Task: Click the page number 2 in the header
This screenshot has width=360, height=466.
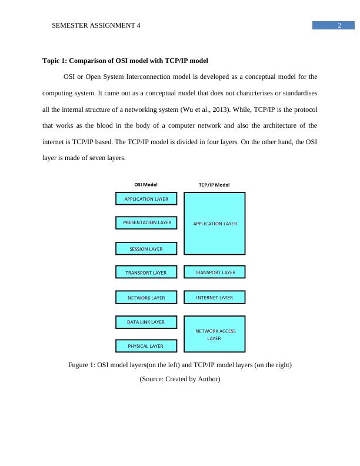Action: tap(339, 25)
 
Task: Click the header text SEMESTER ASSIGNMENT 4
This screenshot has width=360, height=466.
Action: tap(96, 26)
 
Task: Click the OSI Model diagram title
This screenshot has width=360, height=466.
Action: tap(146, 184)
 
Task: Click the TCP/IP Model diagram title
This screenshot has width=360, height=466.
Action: tap(214, 185)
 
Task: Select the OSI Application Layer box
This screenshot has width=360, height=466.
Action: tap(146, 199)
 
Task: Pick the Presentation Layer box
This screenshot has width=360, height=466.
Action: tap(146, 223)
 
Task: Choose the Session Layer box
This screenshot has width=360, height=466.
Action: tap(146, 249)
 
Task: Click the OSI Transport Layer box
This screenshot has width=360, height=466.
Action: tap(146, 272)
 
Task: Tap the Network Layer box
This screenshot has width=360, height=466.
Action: tap(146, 298)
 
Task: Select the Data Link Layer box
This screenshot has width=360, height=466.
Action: tap(146, 322)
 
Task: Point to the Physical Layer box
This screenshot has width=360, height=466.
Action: tap(146, 346)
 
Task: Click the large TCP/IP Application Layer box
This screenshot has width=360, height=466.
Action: tap(215, 224)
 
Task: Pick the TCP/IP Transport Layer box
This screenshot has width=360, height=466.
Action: tap(215, 272)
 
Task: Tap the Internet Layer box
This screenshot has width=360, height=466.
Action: tap(215, 298)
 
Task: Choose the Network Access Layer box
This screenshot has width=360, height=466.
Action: tap(215, 334)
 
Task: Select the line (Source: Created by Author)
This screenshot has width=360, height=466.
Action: tap(179, 380)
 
